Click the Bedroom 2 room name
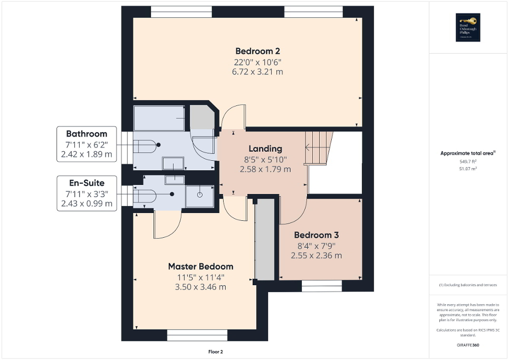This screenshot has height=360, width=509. pos(257,51)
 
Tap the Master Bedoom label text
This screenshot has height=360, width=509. pos(200,266)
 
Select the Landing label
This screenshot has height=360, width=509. pos(265,149)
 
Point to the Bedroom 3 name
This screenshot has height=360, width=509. pos(316,235)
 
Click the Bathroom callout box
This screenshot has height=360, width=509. pos(87,144)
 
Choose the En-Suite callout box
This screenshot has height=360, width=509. pos(87,193)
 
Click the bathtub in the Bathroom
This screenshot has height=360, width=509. pos(159,118)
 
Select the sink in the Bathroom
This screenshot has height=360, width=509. pos(172,163)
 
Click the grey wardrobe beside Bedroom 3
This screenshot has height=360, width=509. pos(265,240)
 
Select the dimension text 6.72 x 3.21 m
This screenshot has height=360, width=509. pos(257,71)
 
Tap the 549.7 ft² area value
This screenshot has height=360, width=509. pos(467,161)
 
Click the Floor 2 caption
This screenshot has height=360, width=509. pos(216,352)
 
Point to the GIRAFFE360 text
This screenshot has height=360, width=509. pos(468,345)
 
